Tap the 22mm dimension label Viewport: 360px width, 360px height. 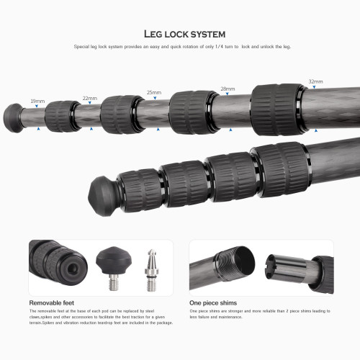pyautogui.click(x=90, y=97)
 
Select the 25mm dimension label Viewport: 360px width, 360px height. pyautogui.click(x=154, y=93)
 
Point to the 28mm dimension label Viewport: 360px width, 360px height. pyautogui.click(x=228, y=89)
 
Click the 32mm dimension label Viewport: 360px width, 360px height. pyautogui.click(x=316, y=81)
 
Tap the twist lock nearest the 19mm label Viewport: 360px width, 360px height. pyautogui.click(x=61, y=115)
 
